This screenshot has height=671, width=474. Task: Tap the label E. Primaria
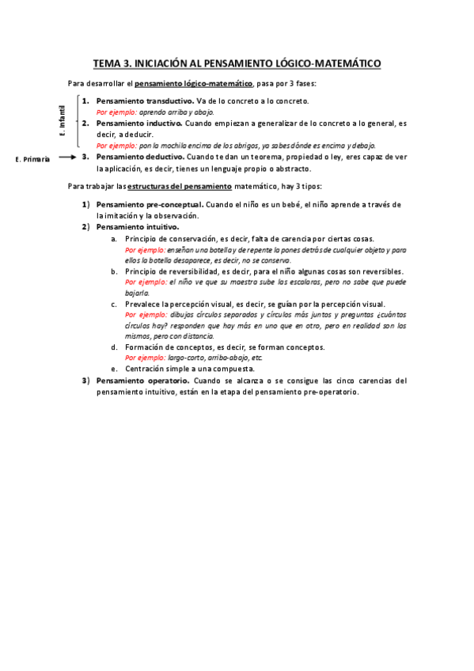tap(32, 159)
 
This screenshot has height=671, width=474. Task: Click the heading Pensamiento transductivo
tap(145, 100)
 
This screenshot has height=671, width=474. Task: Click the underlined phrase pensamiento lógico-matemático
tap(194, 83)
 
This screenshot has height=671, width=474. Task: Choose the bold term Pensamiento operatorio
tap(142, 380)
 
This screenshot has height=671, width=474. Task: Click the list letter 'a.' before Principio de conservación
tap(114, 238)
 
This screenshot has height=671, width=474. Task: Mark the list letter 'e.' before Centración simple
tap(114, 369)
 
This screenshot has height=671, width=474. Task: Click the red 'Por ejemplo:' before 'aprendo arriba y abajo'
tap(116, 112)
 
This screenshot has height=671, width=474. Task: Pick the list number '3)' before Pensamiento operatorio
tap(85, 380)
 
